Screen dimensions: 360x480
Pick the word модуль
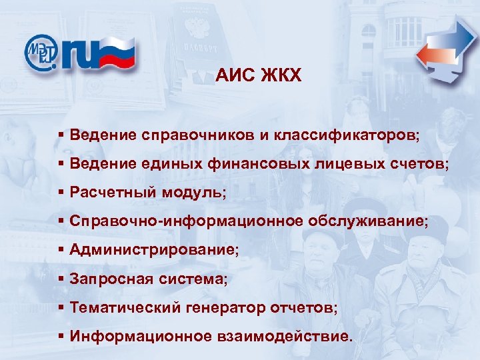pyautogui.click(x=193, y=193)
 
